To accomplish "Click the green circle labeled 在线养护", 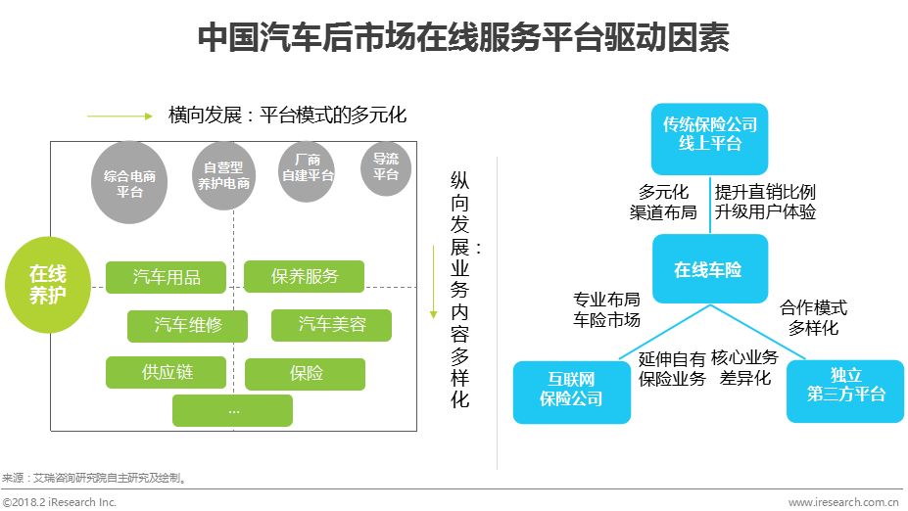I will click(x=48, y=284).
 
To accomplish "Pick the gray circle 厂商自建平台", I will click(x=308, y=170).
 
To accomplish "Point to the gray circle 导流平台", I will click(x=385, y=167).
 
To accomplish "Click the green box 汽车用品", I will click(x=167, y=277).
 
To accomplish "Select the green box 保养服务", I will click(x=304, y=277).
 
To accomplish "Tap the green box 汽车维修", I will click(x=187, y=325).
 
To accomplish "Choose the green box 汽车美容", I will click(x=331, y=324).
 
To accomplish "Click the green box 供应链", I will click(x=166, y=372).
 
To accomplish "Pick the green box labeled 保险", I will click(x=305, y=373).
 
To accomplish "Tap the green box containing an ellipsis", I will click(x=232, y=410).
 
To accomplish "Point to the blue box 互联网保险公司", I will click(x=571, y=391).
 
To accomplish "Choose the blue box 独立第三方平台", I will click(x=845, y=390).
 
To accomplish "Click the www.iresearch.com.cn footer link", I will click(x=843, y=502).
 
